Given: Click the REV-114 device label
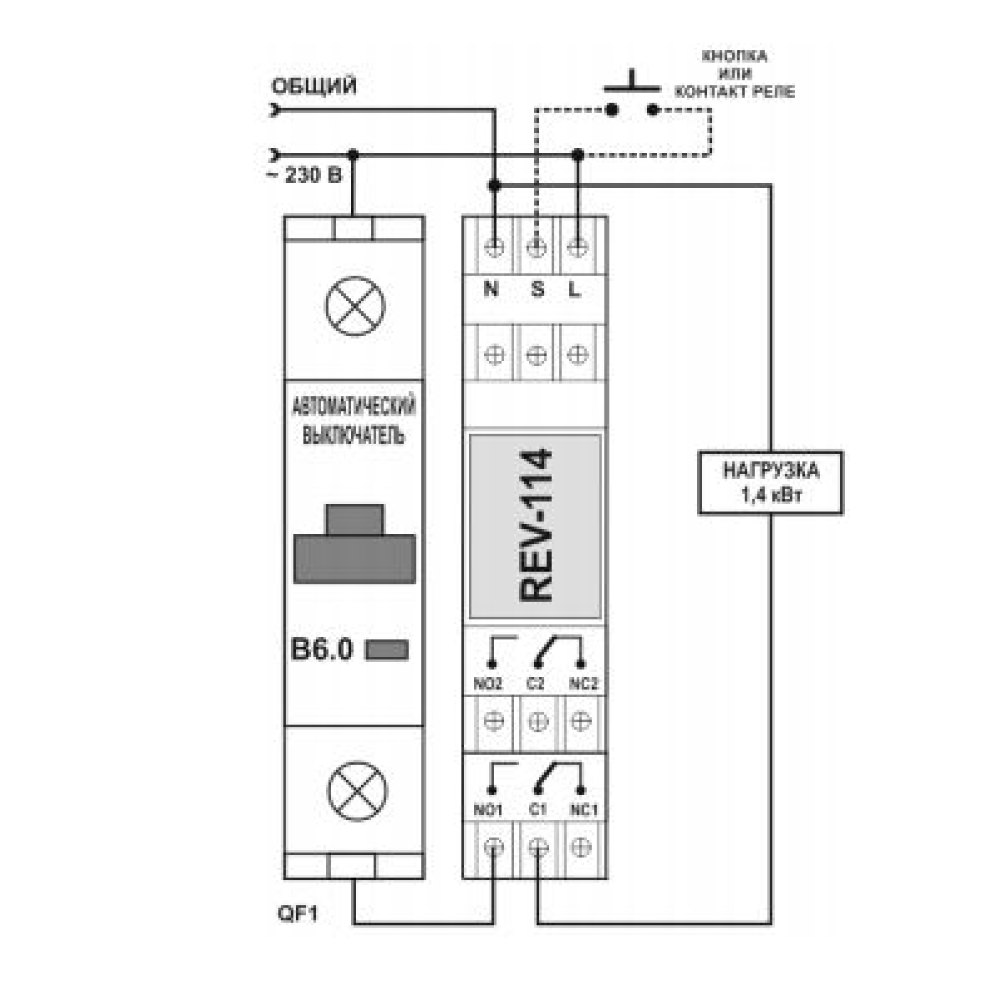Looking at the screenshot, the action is click(536, 526).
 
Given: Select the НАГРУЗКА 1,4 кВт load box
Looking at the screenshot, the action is click(771, 483).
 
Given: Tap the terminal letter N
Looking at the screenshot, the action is click(491, 289).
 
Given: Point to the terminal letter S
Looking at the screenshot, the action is click(537, 289).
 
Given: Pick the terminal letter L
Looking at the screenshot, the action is click(574, 289).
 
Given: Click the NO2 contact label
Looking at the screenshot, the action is click(487, 684).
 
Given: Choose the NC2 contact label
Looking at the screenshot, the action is click(583, 684).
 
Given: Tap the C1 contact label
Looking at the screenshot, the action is click(537, 811).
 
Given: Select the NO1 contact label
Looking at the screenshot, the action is click(487, 811).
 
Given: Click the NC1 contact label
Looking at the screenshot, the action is click(584, 811).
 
